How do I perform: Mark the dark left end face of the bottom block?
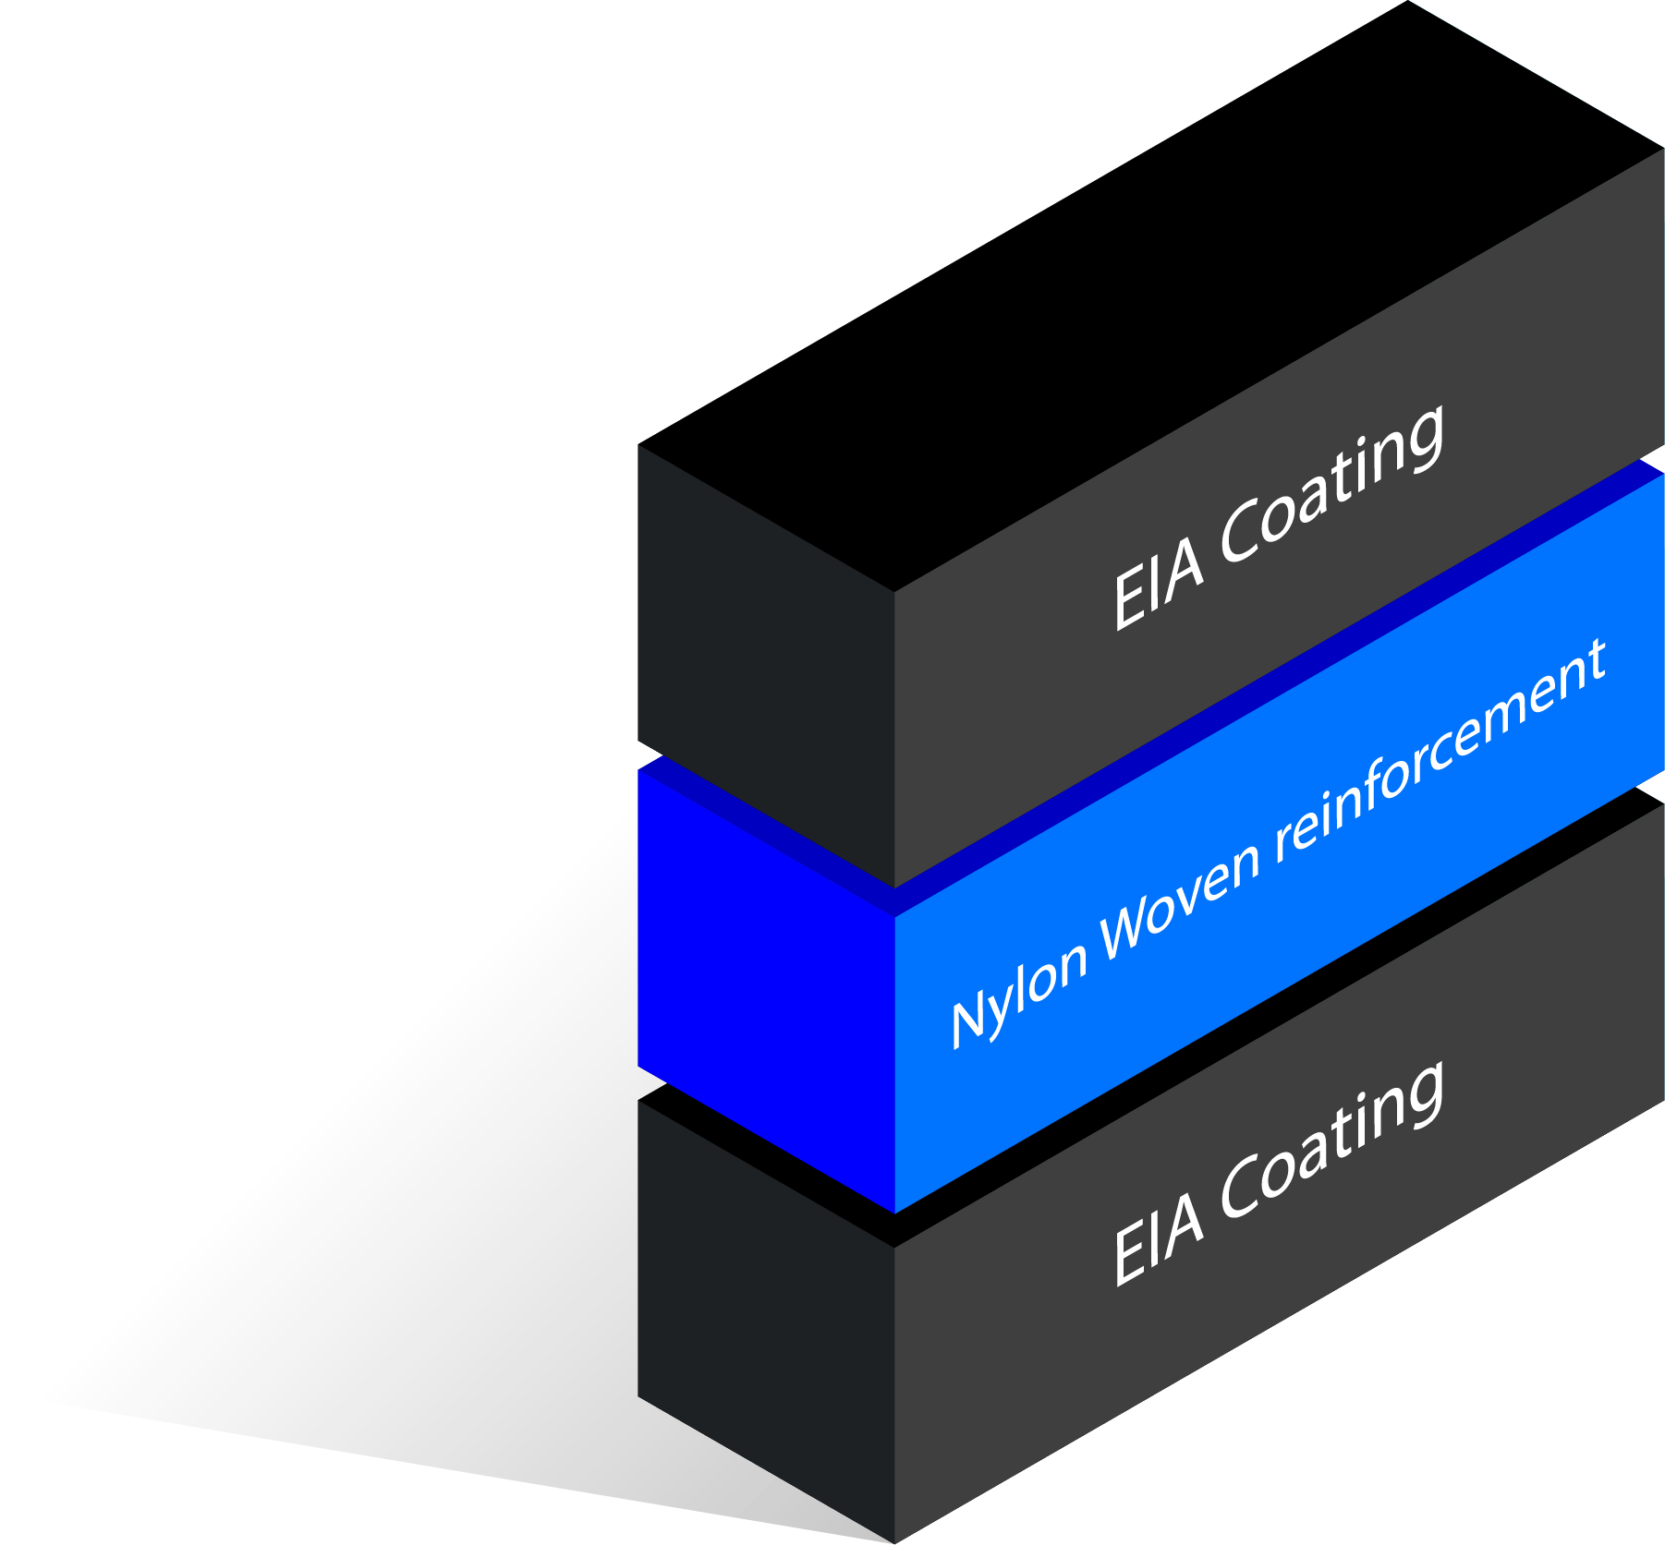(x=765, y=1311)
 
